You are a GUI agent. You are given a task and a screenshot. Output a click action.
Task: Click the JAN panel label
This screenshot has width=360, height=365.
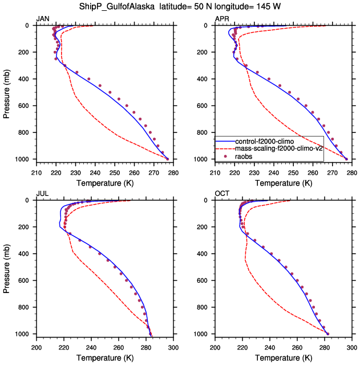point(43,19)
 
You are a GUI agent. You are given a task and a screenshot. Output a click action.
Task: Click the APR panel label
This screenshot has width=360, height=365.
point(222,19)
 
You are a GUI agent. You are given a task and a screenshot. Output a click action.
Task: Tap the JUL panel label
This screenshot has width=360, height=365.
point(42,194)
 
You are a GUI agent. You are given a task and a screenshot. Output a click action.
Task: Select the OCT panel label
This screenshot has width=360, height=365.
point(222,194)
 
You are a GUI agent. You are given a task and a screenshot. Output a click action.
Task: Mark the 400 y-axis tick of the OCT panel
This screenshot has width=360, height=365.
point(206,254)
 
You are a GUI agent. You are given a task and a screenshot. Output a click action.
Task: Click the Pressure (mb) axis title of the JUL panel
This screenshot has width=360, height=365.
point(7,267)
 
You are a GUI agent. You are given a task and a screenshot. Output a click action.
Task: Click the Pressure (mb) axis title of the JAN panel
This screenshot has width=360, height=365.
point(7,92)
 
